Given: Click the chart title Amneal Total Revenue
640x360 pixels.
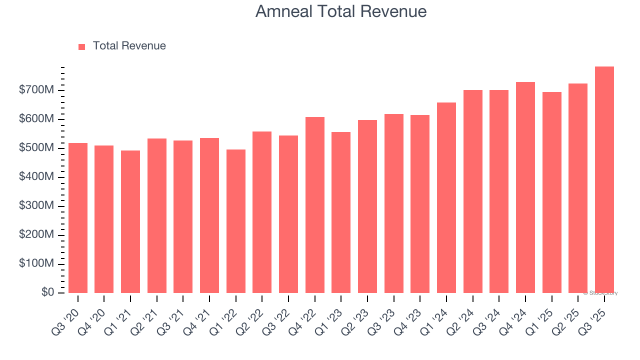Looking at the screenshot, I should [x=341, y=11].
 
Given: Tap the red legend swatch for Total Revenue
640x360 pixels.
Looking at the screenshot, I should [x=82, y=46].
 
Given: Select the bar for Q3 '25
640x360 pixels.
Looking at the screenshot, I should [x=604, y=180].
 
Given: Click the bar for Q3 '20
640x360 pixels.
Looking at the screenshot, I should [x=78, y=218].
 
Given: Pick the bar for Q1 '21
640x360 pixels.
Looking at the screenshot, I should [x=130, y=221].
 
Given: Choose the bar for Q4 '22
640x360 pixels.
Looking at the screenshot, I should [x=315, y=205].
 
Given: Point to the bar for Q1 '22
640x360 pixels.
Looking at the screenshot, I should [x=236, y=221].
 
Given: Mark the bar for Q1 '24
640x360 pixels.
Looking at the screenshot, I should [x=446, y=197].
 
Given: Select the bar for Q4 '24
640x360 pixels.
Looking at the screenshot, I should [x=525, y=187].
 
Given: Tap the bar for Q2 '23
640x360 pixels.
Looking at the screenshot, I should [x=367, y=206].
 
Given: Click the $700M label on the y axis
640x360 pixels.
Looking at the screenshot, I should [x=36, y=90].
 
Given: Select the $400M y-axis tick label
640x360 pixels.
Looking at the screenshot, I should [x=36, y=177].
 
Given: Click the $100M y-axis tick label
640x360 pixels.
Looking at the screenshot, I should [x=36, y=263].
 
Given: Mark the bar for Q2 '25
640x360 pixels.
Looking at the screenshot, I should [x=578, y=188].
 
